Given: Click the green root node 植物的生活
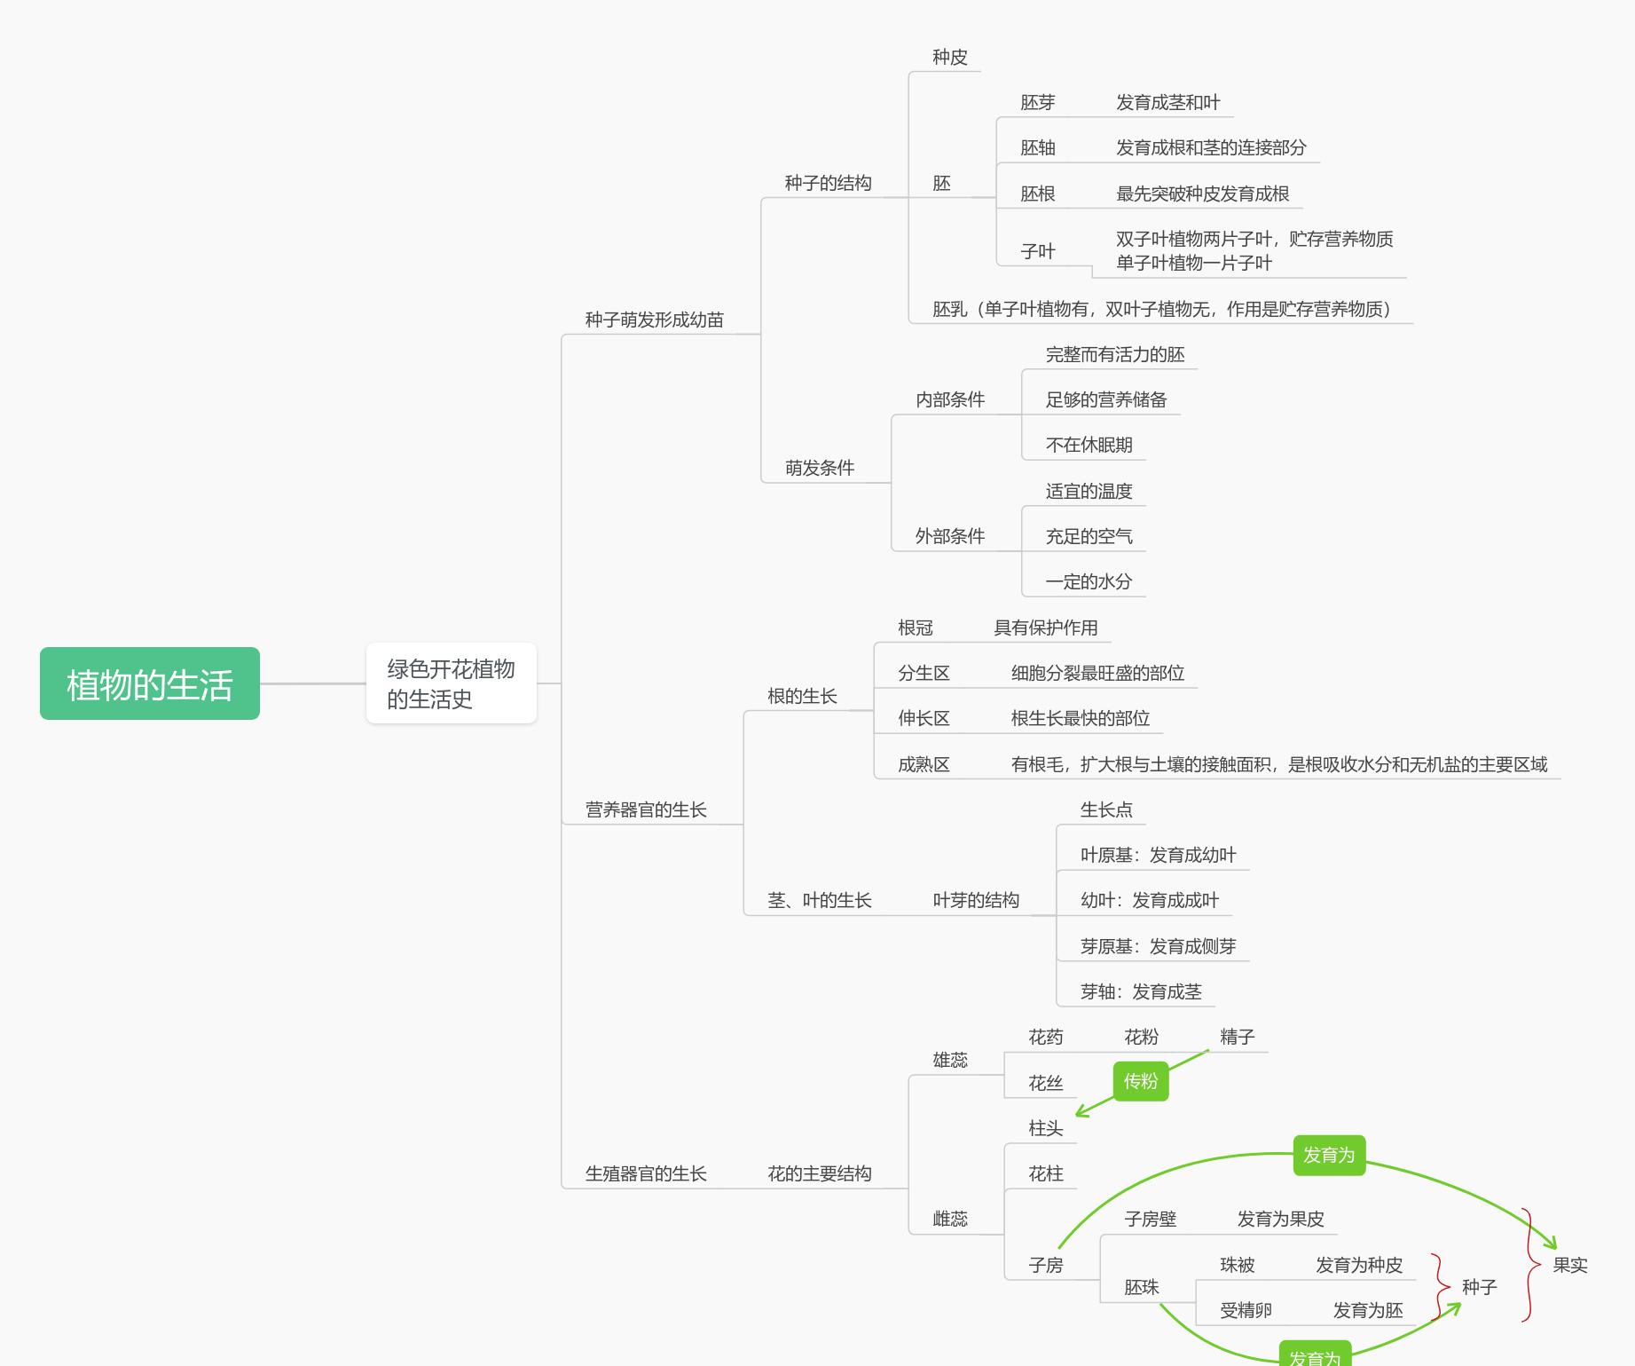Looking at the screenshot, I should tap(149, 683).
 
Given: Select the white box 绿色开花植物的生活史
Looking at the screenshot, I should tap(451, 683).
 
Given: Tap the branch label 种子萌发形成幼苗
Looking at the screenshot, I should tap(654, 320).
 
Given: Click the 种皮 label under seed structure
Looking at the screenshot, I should tap(949, 57).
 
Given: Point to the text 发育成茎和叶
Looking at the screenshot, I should tap(1167, 102).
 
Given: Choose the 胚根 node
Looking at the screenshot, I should tap(1037, 193).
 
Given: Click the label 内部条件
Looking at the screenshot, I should tap(949, 399).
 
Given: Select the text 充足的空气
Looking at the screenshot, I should tap(1089, 536).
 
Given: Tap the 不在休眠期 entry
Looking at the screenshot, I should tap(1089, 445).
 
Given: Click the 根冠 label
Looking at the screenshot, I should tap(915, 628).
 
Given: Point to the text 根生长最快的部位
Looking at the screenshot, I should tap(1080, 718).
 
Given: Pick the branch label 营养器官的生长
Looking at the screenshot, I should tap(645, 809).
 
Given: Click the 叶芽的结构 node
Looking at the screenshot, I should tap(975, 900).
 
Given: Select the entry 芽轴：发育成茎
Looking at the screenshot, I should tap(1141, 991).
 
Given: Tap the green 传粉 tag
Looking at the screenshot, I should tap(1140, 1081).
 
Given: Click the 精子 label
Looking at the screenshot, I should tap(1237, 1037).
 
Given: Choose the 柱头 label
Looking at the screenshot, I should tap(1045, 1128).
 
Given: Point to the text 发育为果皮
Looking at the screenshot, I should tap(1280, 1219).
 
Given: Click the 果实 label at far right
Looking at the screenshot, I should tap(1569, 1265).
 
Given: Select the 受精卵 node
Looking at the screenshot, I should tap(1246, 1310).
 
